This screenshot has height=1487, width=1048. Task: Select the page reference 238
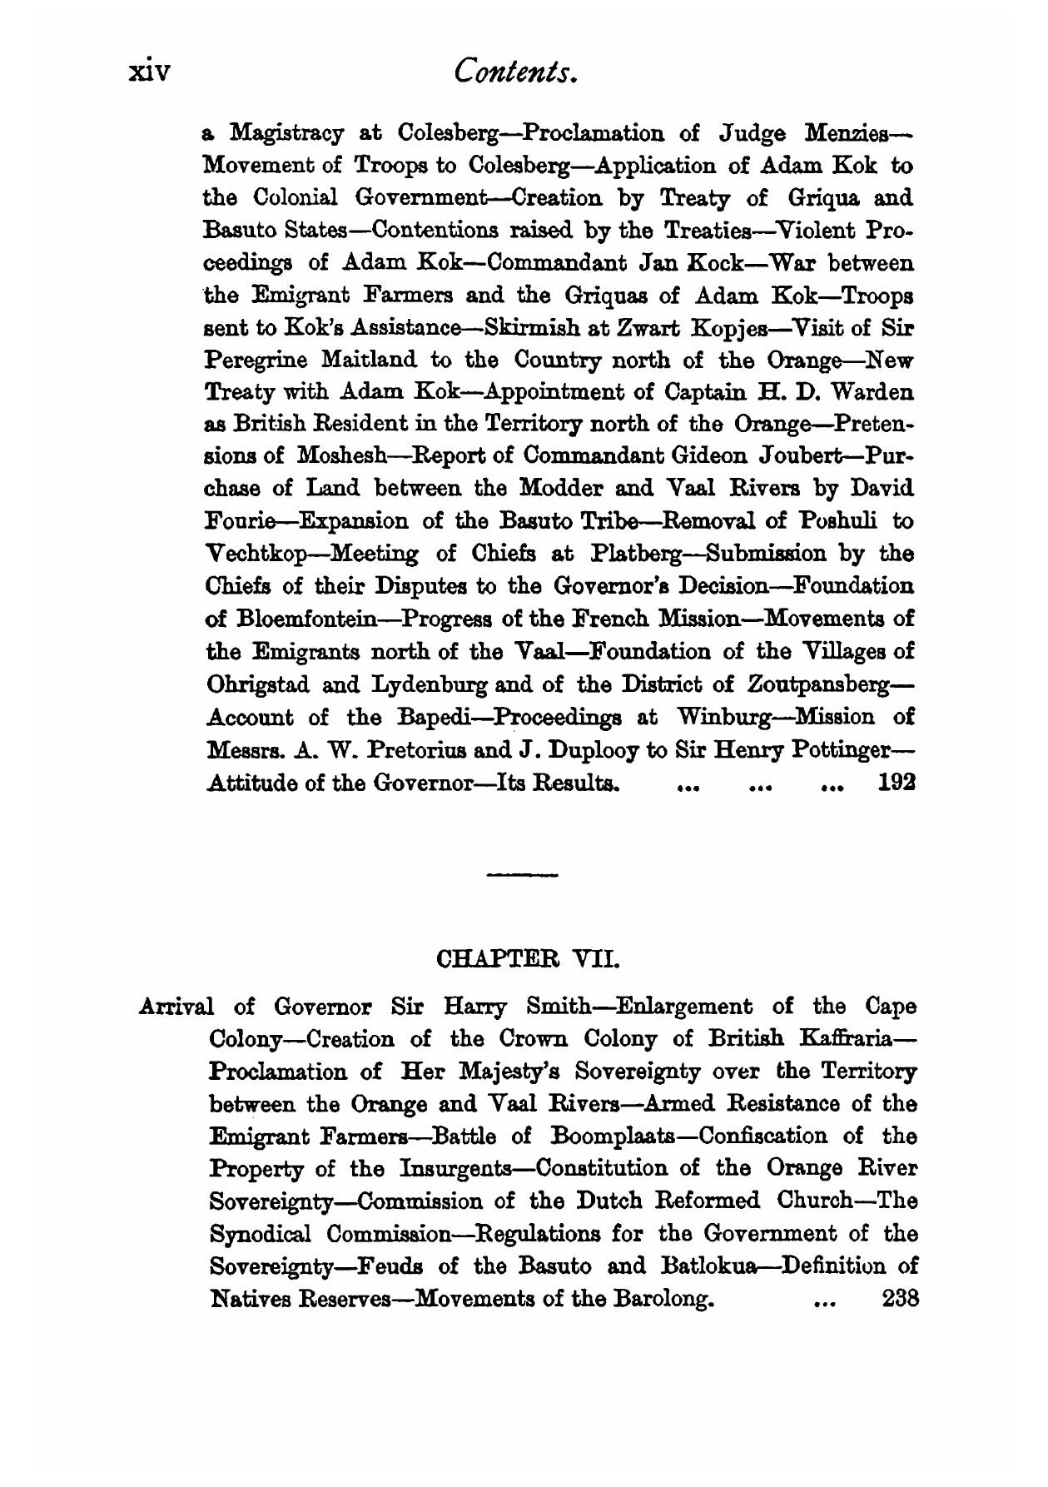coord(898,1297)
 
